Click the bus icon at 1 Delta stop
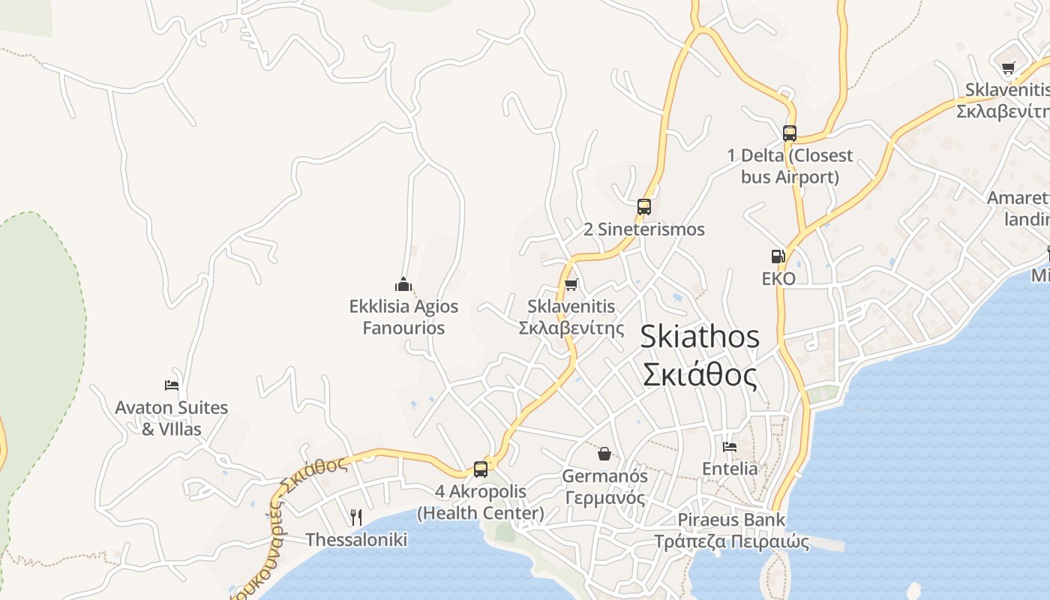coord(790,133)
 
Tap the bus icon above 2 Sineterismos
coord(643,207)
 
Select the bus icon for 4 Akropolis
coord(481,469)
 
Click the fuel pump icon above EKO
coord(778,256)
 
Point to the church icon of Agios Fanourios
coord(403,284)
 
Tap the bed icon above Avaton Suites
coord(172,385)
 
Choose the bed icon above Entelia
coord(730,447)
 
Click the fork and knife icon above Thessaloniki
coord(356,517)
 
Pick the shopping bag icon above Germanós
coord(604,454)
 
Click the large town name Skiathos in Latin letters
coord(700,337)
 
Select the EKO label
coord(778,279)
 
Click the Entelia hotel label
coord(730,469)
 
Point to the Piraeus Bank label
coord(731,520)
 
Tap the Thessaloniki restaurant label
coord(356,540)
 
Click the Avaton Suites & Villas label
coord(172,418)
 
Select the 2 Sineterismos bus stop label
coord(644,229)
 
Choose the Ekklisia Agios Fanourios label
coord(403,317)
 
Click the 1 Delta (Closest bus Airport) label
coord(790,166)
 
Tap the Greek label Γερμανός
coord(604,497)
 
